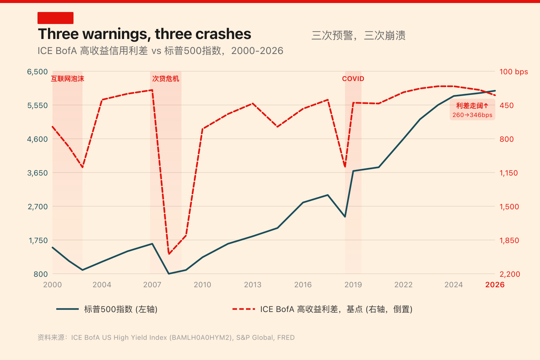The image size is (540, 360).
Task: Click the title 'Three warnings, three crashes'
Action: pyautogui.click(x=144, y=34)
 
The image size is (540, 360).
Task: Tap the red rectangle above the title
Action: pyautogui.click(x=55, y=18)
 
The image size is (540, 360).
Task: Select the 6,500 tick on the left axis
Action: pyautogui.click(x=37, y=72)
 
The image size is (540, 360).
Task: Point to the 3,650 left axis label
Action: pyautogui.click(x=37, y=173)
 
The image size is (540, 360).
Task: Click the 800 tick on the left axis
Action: pyautogui.click(x=40, y=274)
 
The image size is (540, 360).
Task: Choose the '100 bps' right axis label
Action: pyautogui.click(x=513, y=72)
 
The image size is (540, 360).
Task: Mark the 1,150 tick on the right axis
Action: pyautogui.click(x=508, y=173)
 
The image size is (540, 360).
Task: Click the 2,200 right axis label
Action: pyautogui.click(x=510, y=274)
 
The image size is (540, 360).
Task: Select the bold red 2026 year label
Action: pyautogui.click(x=495, y=285)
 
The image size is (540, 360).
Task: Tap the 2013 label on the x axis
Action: pyautogui.click(x=252, y=285)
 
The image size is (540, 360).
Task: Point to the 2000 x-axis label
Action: pyautogui.click(x=52, y=285)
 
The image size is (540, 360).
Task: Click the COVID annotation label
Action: pyautogui.click(x=353, y=79)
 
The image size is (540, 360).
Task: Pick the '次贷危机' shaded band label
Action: pyautogui.click(x=166, y=79)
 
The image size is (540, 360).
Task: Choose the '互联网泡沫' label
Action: pyautogui.click(x=67, y=79)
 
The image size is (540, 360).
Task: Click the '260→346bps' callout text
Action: pyautogui.click(x=472, y=115)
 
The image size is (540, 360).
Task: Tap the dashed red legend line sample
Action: pyautogui.click(x=244, y=309)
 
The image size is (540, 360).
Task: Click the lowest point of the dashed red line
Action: pyautogui.click(x=169, y=254)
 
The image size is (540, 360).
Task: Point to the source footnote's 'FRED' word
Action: pyautogui.click(x=286, y=337)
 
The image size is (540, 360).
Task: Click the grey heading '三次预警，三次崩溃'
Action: pyautogui.click(x=358, y=36)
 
